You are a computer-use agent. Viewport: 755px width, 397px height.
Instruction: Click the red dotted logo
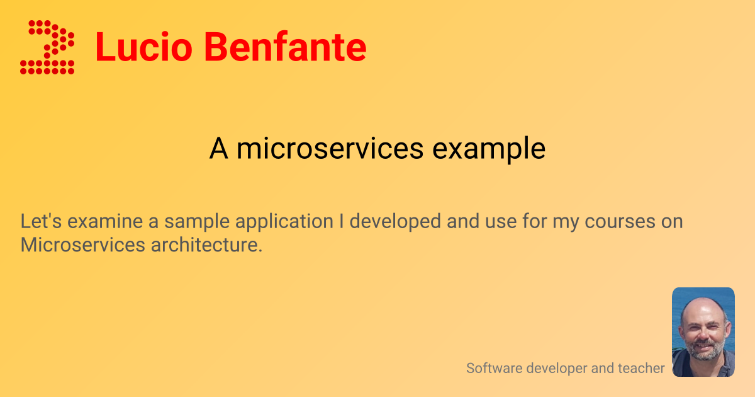click(48, 47)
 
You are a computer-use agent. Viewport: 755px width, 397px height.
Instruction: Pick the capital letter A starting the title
click(218, 149)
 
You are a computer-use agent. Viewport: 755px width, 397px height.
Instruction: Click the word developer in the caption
click(551, 368)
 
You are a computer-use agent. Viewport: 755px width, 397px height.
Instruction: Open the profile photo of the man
click(703, 332)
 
